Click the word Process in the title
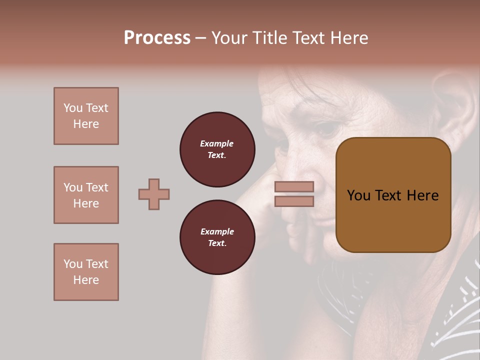157,38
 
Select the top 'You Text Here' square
86,116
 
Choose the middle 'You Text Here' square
86,195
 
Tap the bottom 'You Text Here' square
86,272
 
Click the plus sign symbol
154,194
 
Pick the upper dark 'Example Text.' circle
217,149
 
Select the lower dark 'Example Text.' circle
217,237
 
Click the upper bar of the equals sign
294,186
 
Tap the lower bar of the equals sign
294,201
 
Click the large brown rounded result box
393,195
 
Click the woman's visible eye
327,129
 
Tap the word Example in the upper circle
216,143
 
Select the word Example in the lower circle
217,231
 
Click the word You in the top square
72,108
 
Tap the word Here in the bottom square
86,280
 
